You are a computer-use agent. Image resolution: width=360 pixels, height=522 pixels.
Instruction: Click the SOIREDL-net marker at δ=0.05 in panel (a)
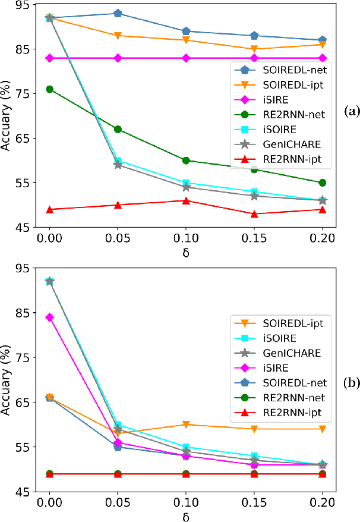(118, 13)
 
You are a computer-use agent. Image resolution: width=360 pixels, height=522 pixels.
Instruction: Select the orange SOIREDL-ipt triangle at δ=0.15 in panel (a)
(254, 49)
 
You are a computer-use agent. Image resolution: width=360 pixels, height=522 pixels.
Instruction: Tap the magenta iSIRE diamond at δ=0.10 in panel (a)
(187, 58)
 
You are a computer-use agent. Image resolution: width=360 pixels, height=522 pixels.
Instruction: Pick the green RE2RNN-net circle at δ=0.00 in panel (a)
(50, 89)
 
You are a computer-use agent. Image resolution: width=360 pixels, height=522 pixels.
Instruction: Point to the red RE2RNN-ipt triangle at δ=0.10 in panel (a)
(187, 200)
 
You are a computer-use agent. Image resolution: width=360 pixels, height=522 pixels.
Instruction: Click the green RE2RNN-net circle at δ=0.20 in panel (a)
(323, 183)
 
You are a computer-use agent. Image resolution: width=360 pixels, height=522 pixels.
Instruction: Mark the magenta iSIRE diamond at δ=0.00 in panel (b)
(50, 317)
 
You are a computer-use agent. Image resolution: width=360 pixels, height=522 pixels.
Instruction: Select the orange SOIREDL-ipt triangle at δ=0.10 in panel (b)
(187, 424)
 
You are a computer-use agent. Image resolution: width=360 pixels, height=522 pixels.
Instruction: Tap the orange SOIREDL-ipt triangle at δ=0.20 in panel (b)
(323, 429)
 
